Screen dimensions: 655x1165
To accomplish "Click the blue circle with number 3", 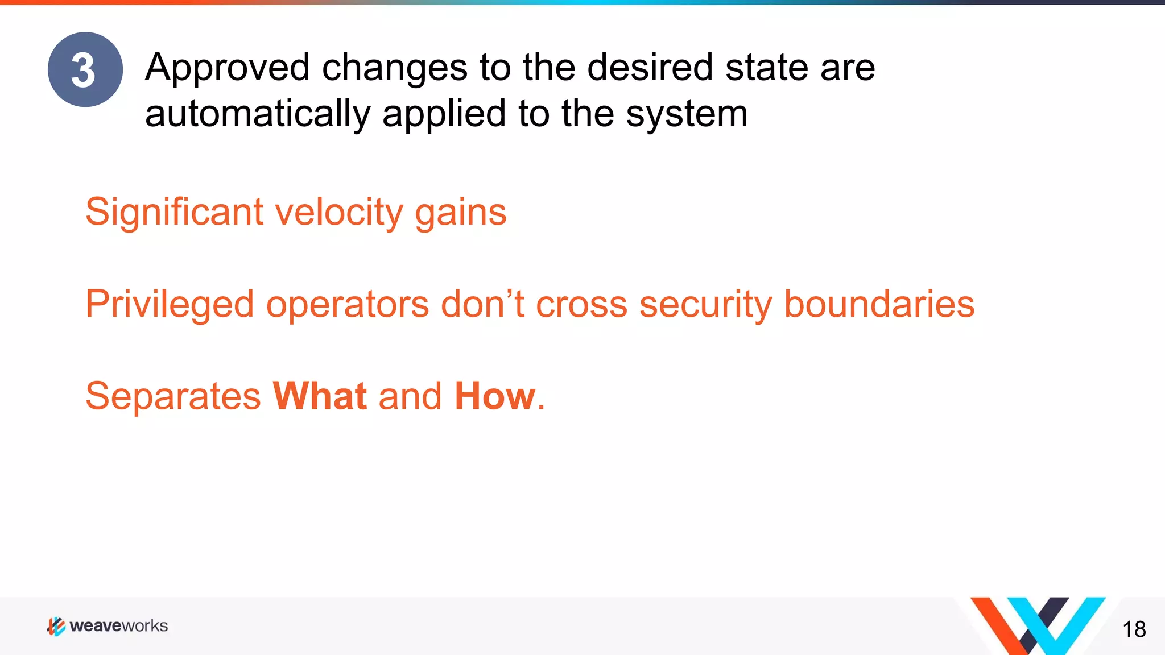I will (85, 69).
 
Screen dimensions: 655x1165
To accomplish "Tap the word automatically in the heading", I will (257, 114).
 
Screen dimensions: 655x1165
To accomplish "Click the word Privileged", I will (170, 305).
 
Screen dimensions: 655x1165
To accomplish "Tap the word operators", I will (348, 305).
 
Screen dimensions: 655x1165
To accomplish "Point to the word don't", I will (482, 304).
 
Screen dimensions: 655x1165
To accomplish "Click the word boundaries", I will (879, 304).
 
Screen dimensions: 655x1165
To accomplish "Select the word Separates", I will (173, 396).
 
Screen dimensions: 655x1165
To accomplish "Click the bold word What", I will (320, 396).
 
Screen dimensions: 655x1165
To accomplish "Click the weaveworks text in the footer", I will (118, 626).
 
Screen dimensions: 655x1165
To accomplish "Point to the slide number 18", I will (1134, 629).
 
